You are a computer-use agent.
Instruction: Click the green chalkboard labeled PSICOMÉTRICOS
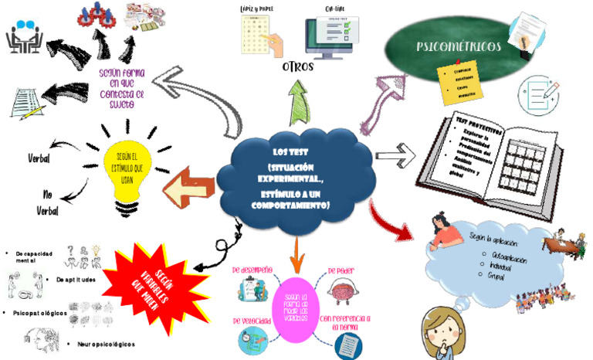456,48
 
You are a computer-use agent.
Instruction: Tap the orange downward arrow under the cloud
296,250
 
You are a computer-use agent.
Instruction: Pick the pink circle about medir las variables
296,310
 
